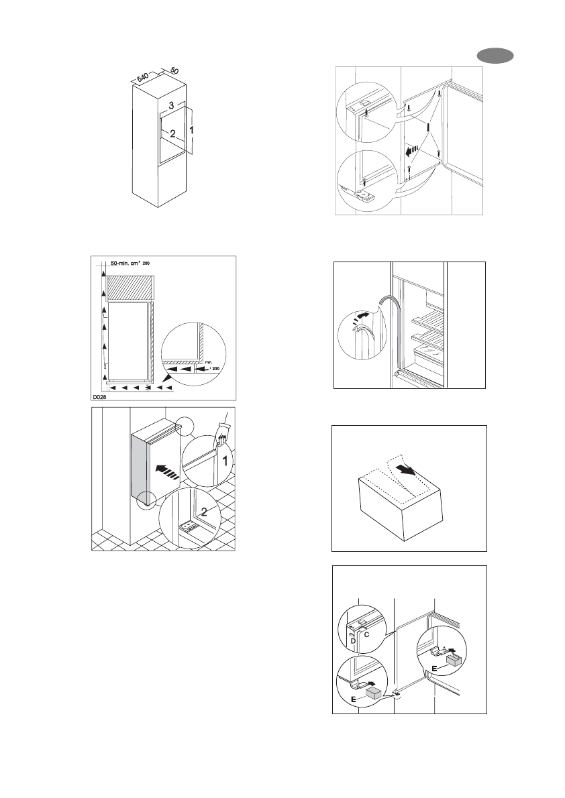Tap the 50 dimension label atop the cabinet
click(x=173, y=70)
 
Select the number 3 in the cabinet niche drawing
click(x=172, y=106)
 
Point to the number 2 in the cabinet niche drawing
click(x=172, y=133)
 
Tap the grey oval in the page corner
click(x=495, y=56)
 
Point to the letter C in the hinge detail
click(x=368, y=632)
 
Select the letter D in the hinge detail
click(x=353, y=640)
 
